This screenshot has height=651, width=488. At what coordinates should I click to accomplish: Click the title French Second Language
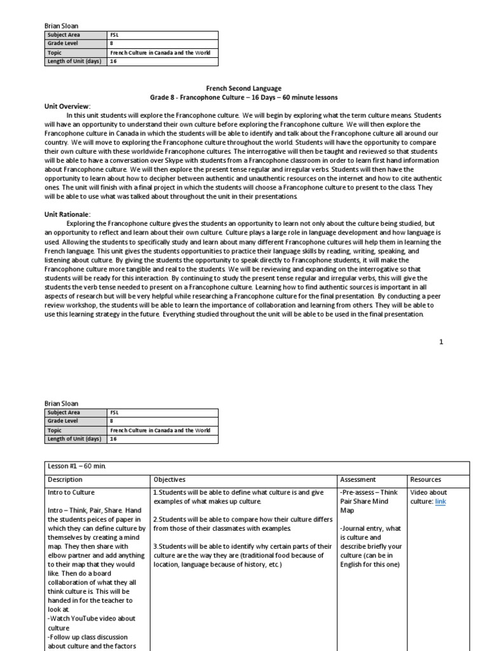[x=243, y=88]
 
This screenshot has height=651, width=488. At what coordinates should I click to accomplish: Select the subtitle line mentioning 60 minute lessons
[x=243, y=97]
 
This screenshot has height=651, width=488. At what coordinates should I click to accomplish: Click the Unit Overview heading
[x=67, y=106]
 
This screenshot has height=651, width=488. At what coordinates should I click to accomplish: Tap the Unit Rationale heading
[x=67, y=215]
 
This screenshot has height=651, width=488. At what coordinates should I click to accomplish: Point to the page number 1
[x=441, y=342]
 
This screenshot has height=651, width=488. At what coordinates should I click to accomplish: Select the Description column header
[x=65, y=479]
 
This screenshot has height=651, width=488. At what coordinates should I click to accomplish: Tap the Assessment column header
[x=358, y=479]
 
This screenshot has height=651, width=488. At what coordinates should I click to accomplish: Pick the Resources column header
[x=426, y=479]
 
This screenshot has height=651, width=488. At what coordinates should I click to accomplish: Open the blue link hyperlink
[x=440, y=502]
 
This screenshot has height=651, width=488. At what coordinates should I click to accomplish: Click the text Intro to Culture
[x=71, y=492]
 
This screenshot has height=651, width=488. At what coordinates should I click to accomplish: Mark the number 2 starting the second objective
[x=154, y=519]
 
